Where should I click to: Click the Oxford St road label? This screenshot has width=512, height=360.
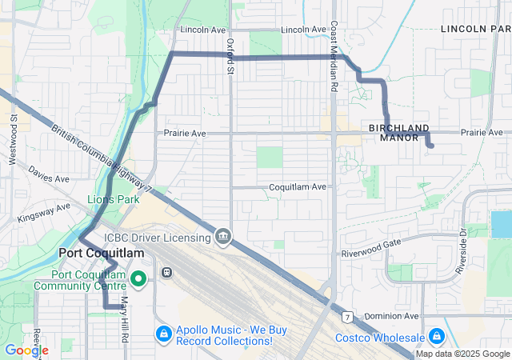pyautogui.click(x=230, y=56)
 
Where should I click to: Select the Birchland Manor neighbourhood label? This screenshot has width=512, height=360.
pyautogui.click(x=399, y=133)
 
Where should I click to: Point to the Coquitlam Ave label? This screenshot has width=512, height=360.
pyautogui.click(x=297, y=186)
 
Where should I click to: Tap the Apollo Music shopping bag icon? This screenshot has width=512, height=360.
pyautogui.click(x=162, y=333)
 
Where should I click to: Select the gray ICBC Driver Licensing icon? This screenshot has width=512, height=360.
pyautogui.click(x=223, y=237)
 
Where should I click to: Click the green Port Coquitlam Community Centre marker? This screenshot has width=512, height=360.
pyautogui.click(x=138, y=278)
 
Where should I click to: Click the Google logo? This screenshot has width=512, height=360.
pyautogui.click(x=26, y=350)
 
